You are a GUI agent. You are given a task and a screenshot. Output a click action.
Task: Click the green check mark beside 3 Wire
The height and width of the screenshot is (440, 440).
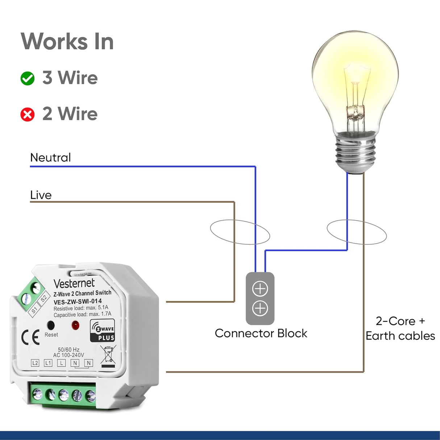click(x=28, y=78)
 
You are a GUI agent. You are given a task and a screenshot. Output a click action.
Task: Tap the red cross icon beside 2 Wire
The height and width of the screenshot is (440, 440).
click(x=28, y=115)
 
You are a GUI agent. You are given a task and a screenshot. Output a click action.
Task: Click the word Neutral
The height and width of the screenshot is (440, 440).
click(x=50, y=158)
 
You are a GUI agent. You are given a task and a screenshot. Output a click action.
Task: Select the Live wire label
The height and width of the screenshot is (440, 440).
click(x=41, y=195)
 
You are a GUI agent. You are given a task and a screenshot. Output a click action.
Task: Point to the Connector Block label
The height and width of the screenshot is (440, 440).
click(x=261, y=333)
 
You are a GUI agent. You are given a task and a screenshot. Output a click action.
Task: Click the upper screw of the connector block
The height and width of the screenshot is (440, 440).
click(x=260, y=289)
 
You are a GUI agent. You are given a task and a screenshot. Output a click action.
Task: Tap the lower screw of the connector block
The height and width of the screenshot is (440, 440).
click(x=260, y=308)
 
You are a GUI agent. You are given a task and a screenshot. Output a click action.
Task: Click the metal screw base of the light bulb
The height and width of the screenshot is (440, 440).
click(x=355, y=152)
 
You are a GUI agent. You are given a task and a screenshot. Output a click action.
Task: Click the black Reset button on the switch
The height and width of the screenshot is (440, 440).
click(x=51, y=325)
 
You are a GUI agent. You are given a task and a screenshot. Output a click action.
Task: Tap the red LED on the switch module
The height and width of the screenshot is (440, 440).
click(x=75, y=325)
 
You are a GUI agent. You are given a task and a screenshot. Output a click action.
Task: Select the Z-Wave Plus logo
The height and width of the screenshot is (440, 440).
click(x=103, y=331)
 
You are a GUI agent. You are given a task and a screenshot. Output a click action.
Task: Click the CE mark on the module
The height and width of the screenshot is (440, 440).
click(x=30, y=338)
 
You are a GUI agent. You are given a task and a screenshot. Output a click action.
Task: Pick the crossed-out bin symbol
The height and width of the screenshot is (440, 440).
click(x=108, y=356)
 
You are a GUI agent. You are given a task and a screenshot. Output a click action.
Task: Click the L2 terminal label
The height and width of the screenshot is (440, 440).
click(x=35, y=363)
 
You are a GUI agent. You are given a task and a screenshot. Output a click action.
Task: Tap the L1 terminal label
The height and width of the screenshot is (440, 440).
click(x=48, y=363)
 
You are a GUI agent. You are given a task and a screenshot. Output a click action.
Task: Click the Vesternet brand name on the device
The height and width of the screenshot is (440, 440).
click(x=74, y=283)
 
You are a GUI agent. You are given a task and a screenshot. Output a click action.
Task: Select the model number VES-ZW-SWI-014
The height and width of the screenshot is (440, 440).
click(x=78, y=302)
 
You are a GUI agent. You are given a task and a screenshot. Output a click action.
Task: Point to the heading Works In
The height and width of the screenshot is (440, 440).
click(x=67, y=41)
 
